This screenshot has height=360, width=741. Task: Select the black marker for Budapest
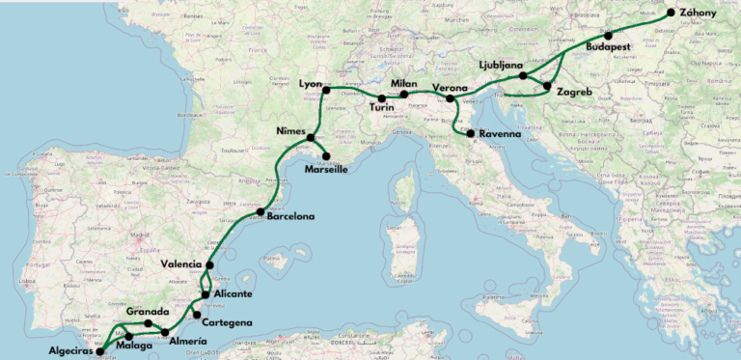coord(609,36)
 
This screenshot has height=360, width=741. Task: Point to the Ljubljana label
coord(505,65)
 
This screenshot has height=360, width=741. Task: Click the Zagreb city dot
coord(547,87)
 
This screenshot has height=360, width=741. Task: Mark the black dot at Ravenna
coord(471,133)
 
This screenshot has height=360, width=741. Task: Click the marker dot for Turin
coord(382,98)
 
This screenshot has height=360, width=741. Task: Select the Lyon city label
coord(310,84)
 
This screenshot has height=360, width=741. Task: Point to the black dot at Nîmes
coord(311,138)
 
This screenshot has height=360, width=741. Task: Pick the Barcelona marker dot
coord(261,211)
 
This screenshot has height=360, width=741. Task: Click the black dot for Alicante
coord(206,294)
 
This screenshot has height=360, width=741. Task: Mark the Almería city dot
coord(165,332)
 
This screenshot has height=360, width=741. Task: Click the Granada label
coord(149,312)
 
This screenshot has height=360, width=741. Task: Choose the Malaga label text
coord(134,346)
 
